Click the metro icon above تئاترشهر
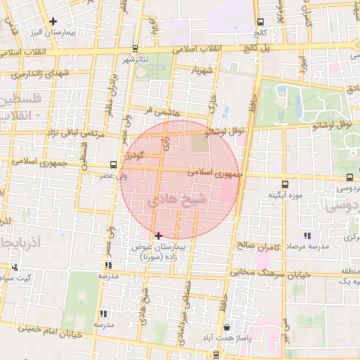click(135, 49)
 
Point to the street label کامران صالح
click(259, 247)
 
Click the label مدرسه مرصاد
click(306, 247)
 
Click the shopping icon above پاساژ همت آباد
click(226, 327)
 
